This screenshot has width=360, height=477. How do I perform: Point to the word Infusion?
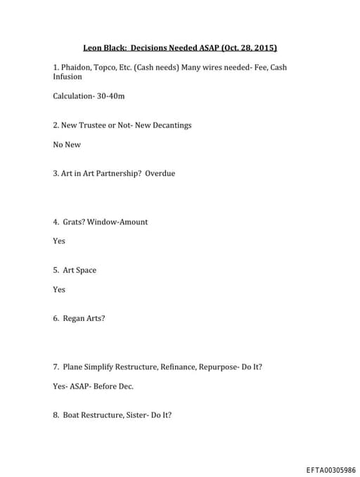[67, 77]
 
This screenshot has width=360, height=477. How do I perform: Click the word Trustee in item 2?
[96, 125]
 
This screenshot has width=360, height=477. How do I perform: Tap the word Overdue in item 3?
[160, 173]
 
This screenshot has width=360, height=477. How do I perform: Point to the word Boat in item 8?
[71, 415]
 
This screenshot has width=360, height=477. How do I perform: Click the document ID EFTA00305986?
[330, 470]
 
